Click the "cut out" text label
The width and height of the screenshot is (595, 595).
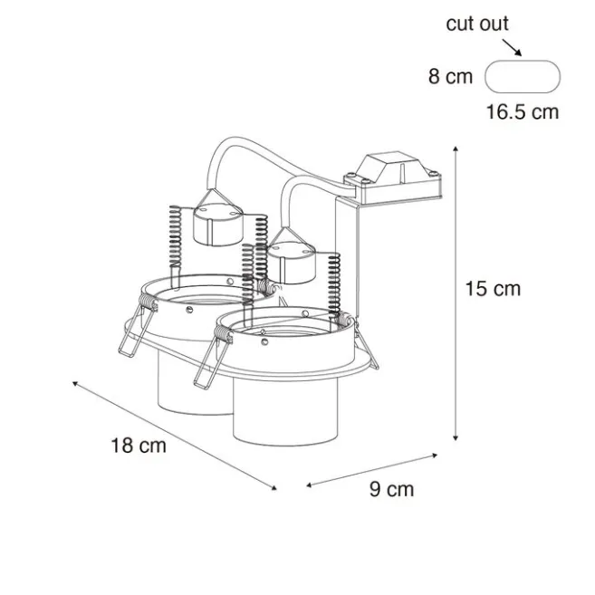[x=477, y=24]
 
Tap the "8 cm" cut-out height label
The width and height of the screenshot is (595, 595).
[x=450, y=77]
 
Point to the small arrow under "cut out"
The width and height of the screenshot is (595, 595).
[x=513, y=49]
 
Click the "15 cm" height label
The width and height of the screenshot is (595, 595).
[x=493, y=289]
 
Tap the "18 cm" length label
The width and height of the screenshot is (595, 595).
[x=139, y=445]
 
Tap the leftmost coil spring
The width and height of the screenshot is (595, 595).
[x=176, y=236]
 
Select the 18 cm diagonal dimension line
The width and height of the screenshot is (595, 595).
[x=172, y=435]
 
